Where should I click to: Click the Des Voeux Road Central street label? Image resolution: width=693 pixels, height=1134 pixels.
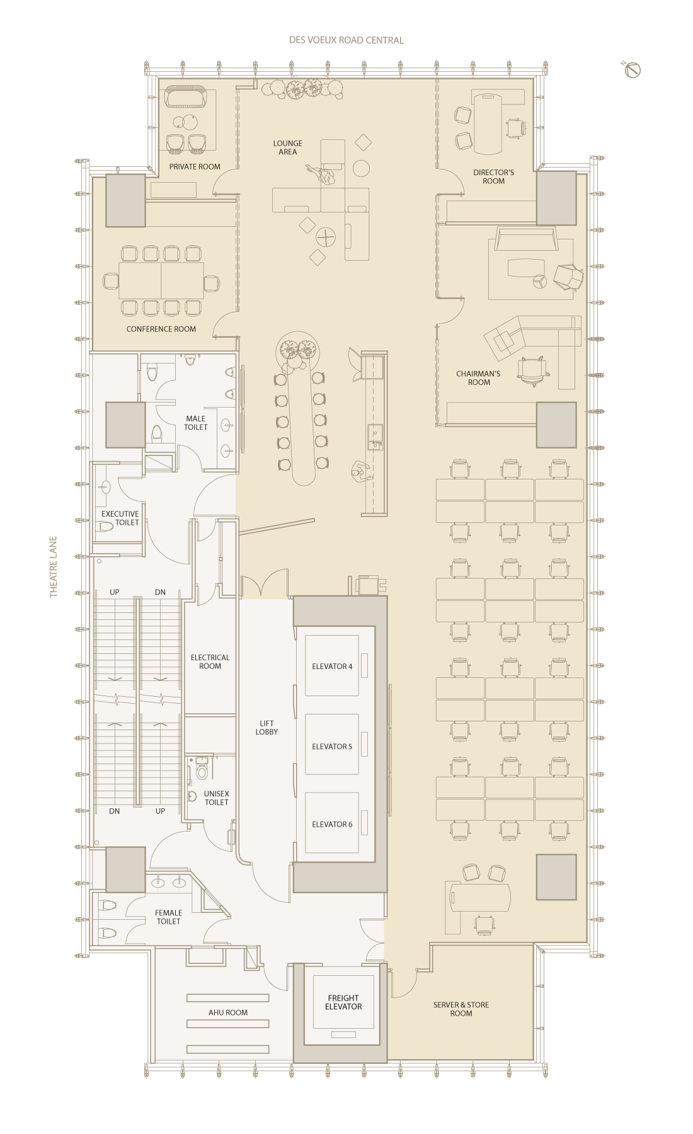346,40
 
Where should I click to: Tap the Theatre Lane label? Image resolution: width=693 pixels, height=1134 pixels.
54,567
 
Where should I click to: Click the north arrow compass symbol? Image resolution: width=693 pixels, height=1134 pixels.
633,70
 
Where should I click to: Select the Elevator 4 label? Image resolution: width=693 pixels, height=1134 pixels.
332,667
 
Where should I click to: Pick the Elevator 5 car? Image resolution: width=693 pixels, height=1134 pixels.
332,744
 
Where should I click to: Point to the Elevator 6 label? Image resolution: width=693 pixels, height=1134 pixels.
332,824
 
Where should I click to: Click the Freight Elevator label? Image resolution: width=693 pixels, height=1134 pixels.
343,1002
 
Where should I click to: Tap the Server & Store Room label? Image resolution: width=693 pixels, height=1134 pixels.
461,1009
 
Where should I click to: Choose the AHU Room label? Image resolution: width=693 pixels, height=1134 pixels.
228,1012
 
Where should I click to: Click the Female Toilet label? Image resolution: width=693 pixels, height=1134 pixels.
168,917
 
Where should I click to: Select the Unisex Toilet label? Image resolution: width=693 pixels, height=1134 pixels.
217,798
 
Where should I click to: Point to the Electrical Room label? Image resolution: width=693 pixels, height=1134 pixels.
210,661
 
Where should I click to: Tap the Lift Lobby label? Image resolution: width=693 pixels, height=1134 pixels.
266,728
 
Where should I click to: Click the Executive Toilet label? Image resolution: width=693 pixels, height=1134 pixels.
120,518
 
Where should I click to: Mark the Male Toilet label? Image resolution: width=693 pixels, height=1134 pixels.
195,423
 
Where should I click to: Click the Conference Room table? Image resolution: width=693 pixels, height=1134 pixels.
161,280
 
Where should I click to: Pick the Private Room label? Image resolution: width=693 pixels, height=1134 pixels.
195,167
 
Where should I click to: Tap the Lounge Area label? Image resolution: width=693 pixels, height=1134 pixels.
288,147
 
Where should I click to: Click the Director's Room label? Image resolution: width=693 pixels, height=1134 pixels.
494,176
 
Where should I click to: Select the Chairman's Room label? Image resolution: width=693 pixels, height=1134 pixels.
478,378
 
